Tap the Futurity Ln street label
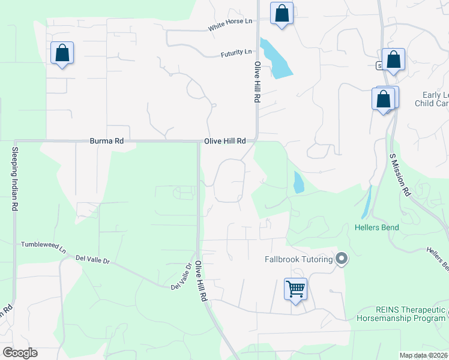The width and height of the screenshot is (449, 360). pos(236,53)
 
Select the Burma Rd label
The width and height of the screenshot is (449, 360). pos(106,141)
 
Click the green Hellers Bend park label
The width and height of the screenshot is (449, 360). pos(376,227)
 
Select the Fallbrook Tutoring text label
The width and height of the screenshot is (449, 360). pos(298,259)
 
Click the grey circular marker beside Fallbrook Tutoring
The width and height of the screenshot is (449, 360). pos(342,259)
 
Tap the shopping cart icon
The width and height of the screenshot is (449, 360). pos(295,289)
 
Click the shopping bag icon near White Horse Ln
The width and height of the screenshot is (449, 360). pos(282,13)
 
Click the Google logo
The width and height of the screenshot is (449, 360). pos(20,353)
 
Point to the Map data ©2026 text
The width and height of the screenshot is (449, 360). pos(424,355)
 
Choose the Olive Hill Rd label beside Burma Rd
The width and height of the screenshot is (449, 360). pos(225,141)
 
